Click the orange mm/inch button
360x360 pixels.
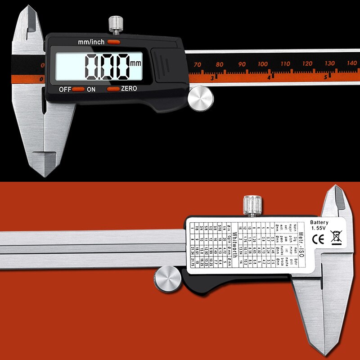point(114,42)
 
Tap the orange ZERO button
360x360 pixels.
point(113,89)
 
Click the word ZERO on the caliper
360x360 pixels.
point(129,89)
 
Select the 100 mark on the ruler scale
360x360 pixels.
point(263,64)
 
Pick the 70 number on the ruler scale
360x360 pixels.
point(197,65)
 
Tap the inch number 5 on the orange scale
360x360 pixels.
point(325,77)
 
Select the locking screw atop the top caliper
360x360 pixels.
point(116,24)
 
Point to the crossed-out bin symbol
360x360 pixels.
point(336,236)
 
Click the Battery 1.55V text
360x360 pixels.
point(319,225)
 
